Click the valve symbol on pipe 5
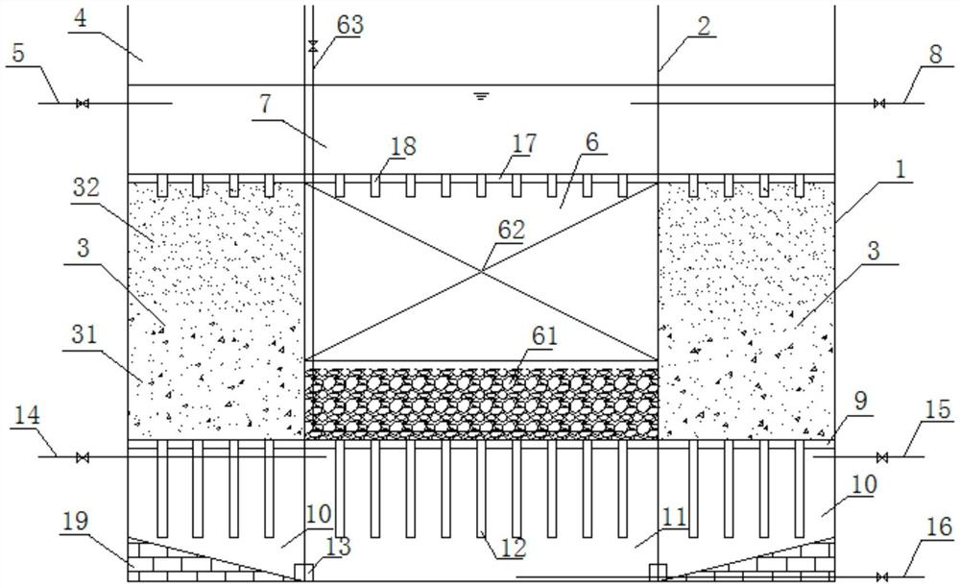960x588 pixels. click(x=84, y=103)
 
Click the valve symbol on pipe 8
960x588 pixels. click(x=878, y=103)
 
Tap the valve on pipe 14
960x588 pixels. click(x=84, y=456)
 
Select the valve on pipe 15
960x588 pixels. click(x=883, y=456)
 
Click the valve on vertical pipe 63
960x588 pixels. click(x=312, y=45)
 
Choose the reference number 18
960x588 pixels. click(x=403, y=145)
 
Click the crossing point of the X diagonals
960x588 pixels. click(x=481, y=272)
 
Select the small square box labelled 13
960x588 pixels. click(x=303, y=572)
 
